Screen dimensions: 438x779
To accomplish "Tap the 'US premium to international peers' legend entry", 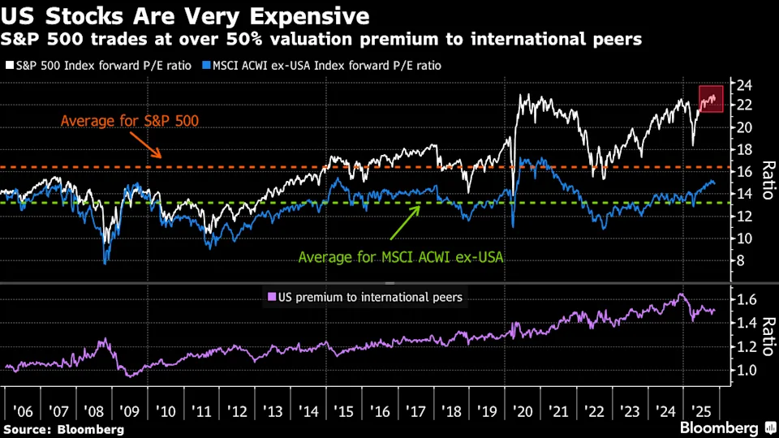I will coord(364,297).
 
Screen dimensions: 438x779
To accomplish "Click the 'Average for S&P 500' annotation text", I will coord(130,122).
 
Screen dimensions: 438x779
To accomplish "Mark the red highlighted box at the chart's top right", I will coord(711,98).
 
